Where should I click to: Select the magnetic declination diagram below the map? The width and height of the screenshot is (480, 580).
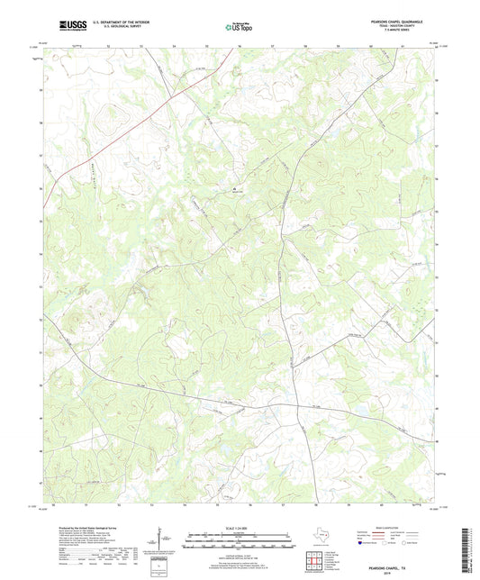(167, 541)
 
